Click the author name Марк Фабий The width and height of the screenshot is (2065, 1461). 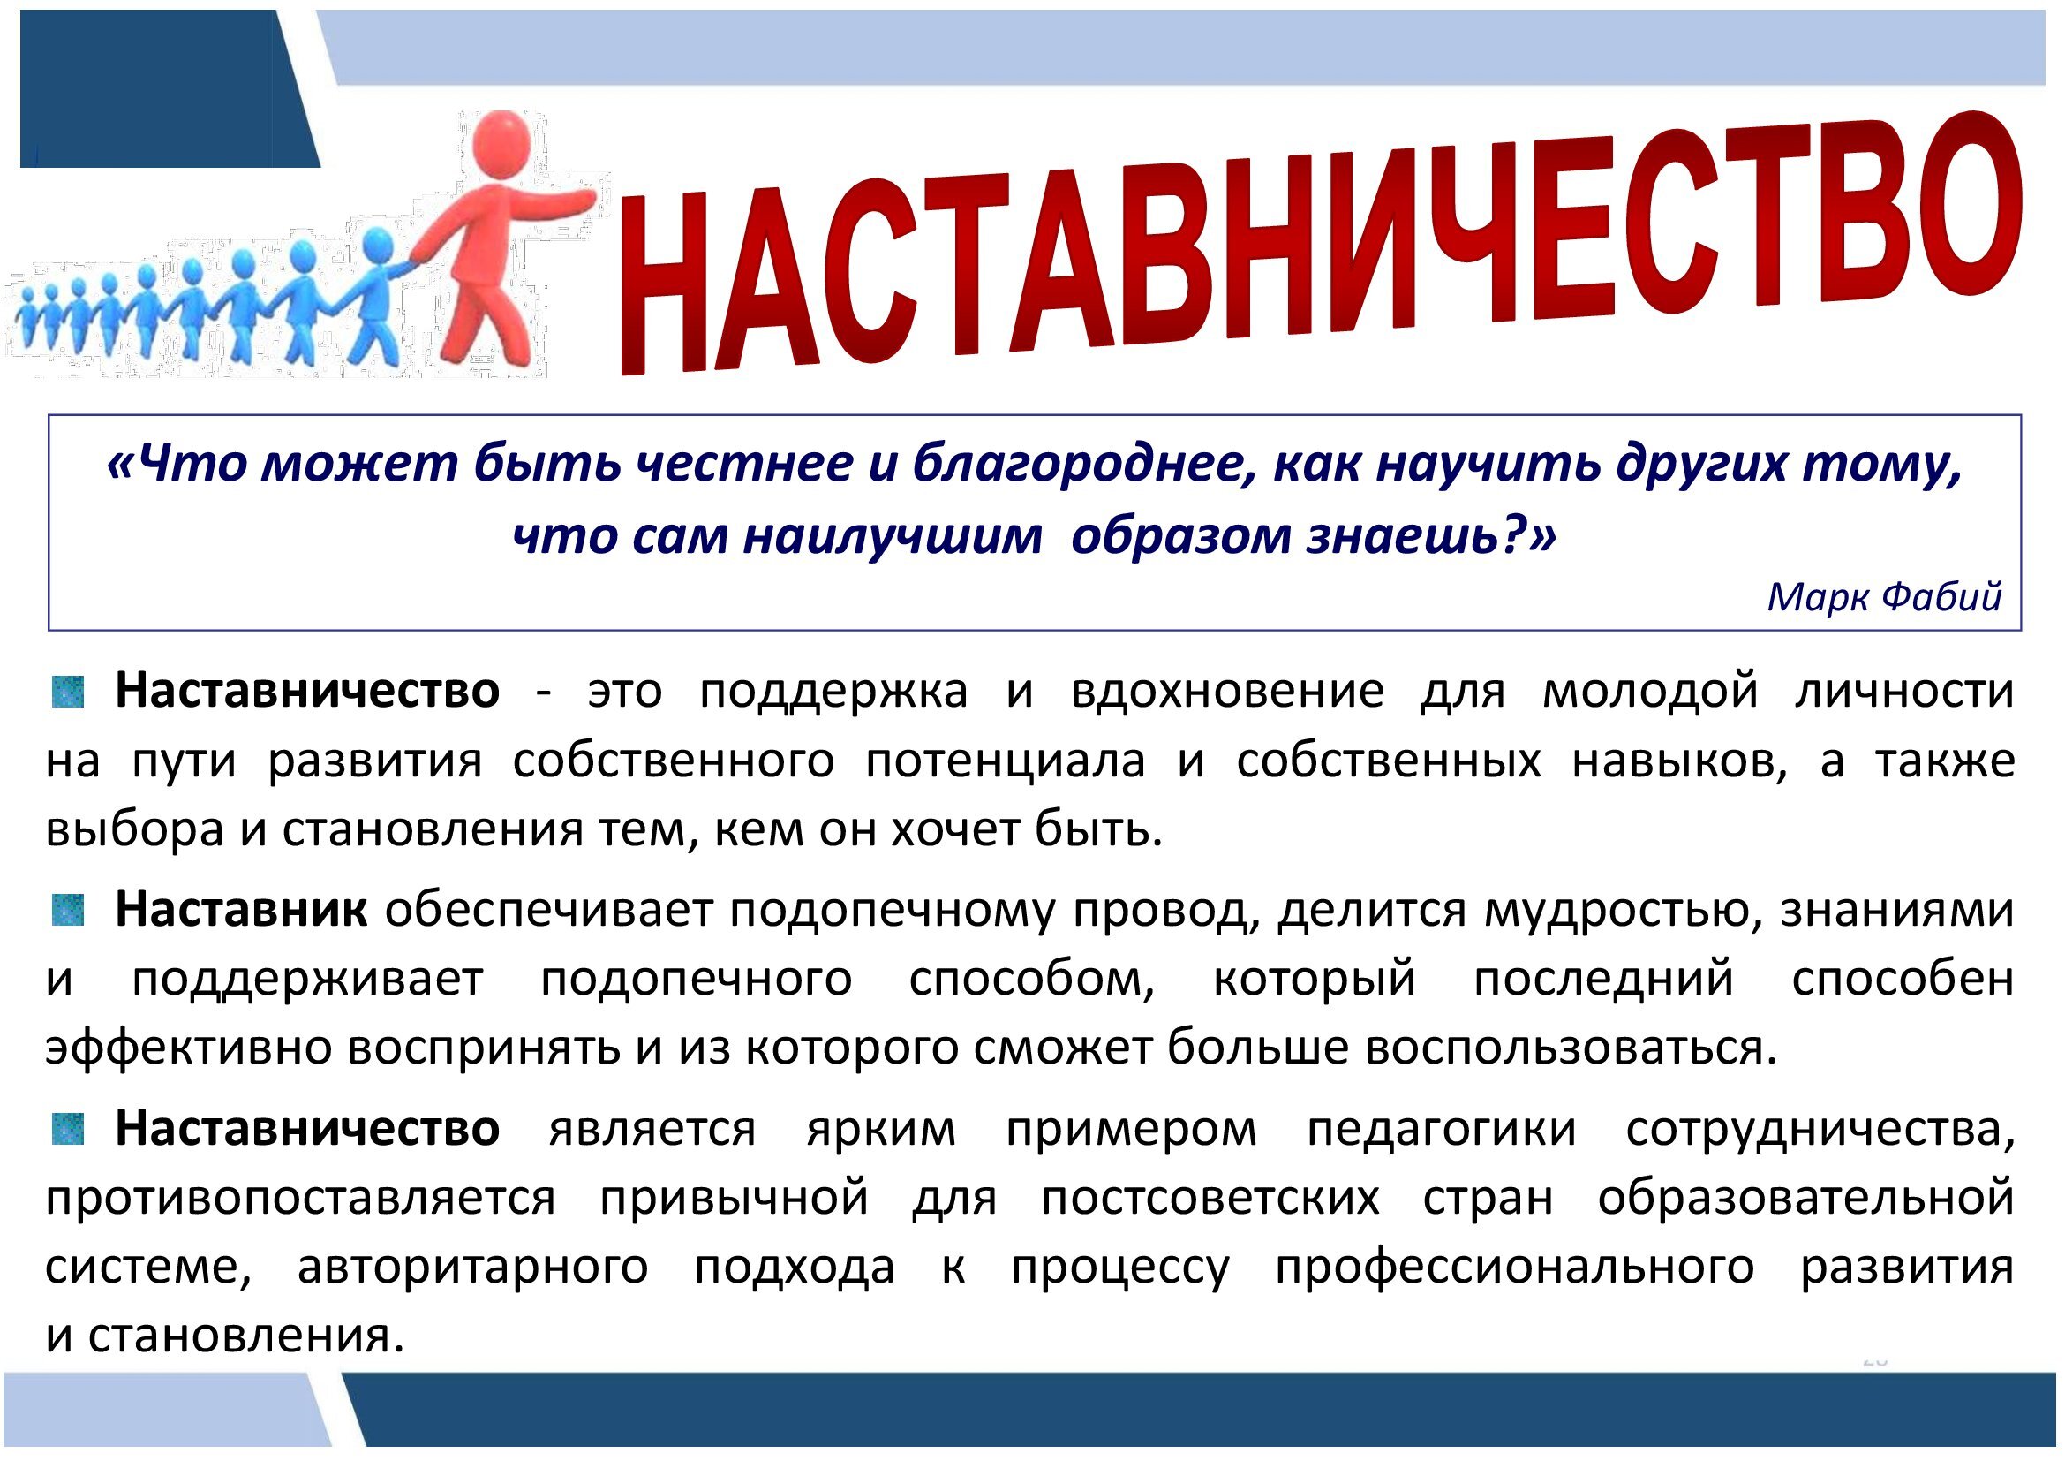point(1885,597)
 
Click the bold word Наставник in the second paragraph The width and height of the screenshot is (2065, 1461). point(241,910)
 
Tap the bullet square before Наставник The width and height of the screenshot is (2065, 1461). point(67,911)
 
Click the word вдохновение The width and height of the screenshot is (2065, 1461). point(1227,691)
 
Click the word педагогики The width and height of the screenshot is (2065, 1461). point(1442,1131)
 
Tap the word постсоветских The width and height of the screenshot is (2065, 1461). point(1210,1199)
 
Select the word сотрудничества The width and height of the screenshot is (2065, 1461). point(1821,1131)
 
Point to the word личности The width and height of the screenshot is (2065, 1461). point(1905,691)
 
